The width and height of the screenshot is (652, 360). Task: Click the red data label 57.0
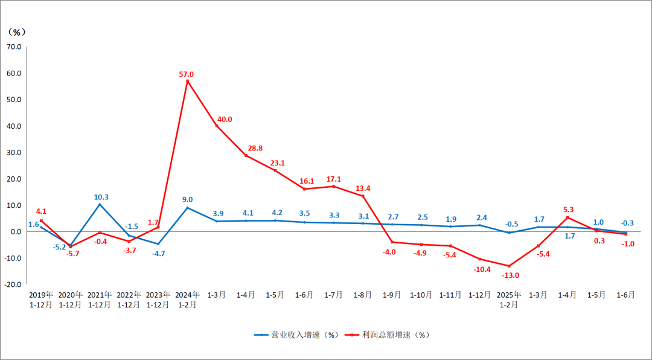pyautogui.click(x=187, y=74)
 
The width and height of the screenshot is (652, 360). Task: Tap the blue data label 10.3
pyautogui.click(x=101, y=197)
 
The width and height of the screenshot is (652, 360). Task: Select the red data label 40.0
pyautogui.click(x=225, y=119)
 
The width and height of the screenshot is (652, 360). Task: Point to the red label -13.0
pyautogui.click(x=510, y=275)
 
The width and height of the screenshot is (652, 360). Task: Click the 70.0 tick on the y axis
pyautogui.click(x=14, y=47)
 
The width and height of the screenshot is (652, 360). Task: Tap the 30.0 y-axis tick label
pyautogui.click(x=14, y=152)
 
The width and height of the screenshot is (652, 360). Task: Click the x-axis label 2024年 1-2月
pyautogui.click(x=187, y=300)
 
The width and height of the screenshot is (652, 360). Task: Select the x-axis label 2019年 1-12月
pyautogui.click(x=41, y=300)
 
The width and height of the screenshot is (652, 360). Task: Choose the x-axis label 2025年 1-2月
pyautogui.click(x=509, y=300)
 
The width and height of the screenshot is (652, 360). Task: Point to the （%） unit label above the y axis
pyautogui.click(x=16, y=31)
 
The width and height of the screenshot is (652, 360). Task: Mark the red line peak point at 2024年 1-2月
pyautogui.click(x=188, y=81)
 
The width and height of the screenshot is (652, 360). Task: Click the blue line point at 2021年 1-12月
pyautogui.click(x=100, y=204)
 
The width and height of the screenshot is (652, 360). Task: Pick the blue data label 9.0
pyautogui.click(x=187, y=199)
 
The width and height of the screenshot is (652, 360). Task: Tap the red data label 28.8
pyautogui.click(x=255, y=148)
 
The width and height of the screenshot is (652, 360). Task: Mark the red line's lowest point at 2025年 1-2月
pyautogui.click(x=509, y=266)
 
